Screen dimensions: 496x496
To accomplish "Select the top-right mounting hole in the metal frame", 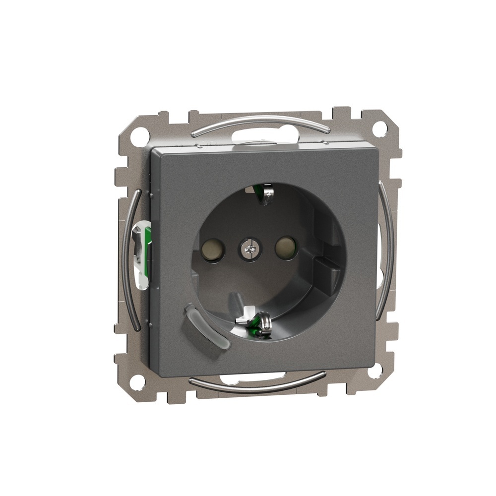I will coord(379,129).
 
